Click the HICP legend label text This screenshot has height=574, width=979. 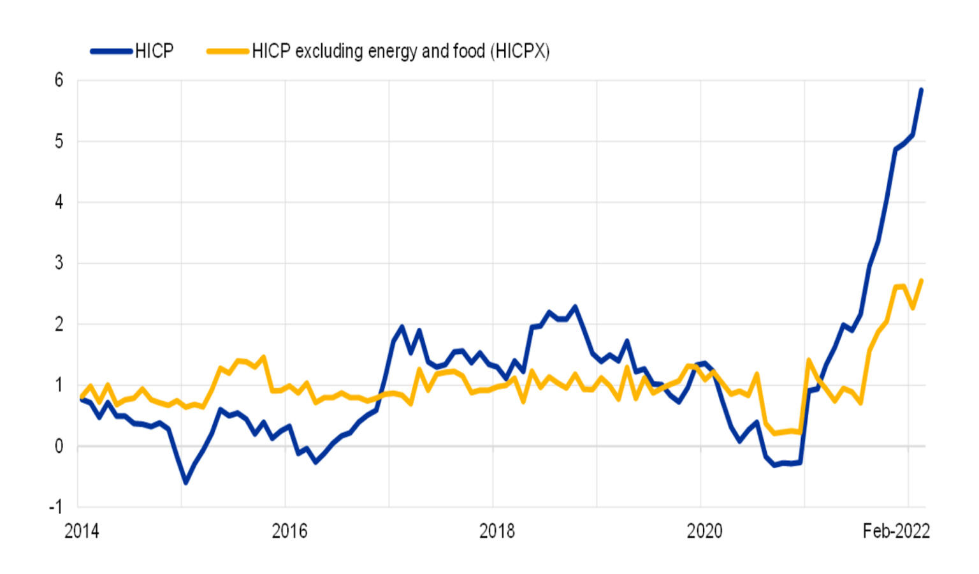click(154, 51)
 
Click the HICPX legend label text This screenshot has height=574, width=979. click(400, 51)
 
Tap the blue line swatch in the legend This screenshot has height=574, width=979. click(112, 51)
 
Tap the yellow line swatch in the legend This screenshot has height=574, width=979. click(228, 51)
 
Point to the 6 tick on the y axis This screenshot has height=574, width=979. click(59, 80)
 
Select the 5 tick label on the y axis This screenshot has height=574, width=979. click(59, 142)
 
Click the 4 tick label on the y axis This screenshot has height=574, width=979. click(59, 202)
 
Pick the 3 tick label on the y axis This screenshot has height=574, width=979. click(59, 263)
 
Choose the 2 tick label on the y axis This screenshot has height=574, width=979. click(59, 324)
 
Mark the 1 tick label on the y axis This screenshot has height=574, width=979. click(59, 385)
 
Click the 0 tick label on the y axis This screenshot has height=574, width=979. click(59, 446)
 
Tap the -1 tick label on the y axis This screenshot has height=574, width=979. click(56, 507)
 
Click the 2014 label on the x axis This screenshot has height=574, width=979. click(82, 531)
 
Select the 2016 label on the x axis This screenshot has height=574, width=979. click(289, 531)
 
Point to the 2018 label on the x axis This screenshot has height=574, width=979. click(497, 531)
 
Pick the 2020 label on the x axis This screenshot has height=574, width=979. click(704, 531)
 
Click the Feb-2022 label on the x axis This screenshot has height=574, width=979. click(896, 531)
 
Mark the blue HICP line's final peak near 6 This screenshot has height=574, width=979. click(921, 90)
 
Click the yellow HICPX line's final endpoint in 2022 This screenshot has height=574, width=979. click(922, 281)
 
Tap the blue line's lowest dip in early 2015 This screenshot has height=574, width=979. click(185, 483)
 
